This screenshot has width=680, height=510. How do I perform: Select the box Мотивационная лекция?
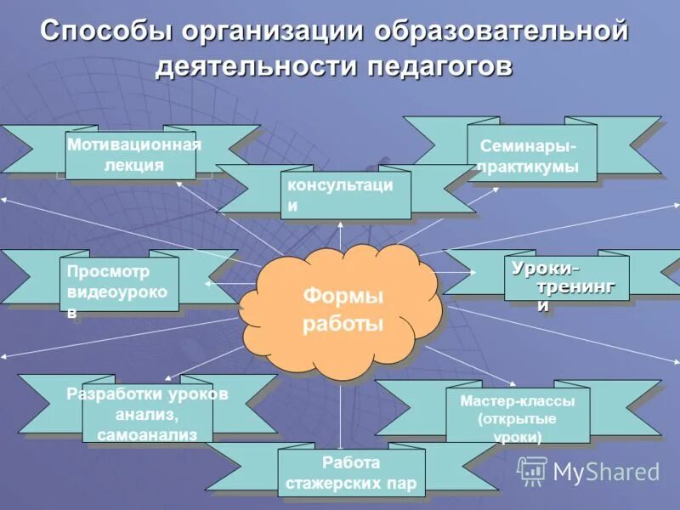click(x=133, y=155)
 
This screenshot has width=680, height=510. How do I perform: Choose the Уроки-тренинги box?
click(x=566, y=278)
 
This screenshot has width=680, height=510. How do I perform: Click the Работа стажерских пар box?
click(x=351, y=473)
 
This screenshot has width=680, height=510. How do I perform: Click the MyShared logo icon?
click(x=532, y=471)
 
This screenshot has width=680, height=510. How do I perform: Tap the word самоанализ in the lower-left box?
click(x=147, y=434)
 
